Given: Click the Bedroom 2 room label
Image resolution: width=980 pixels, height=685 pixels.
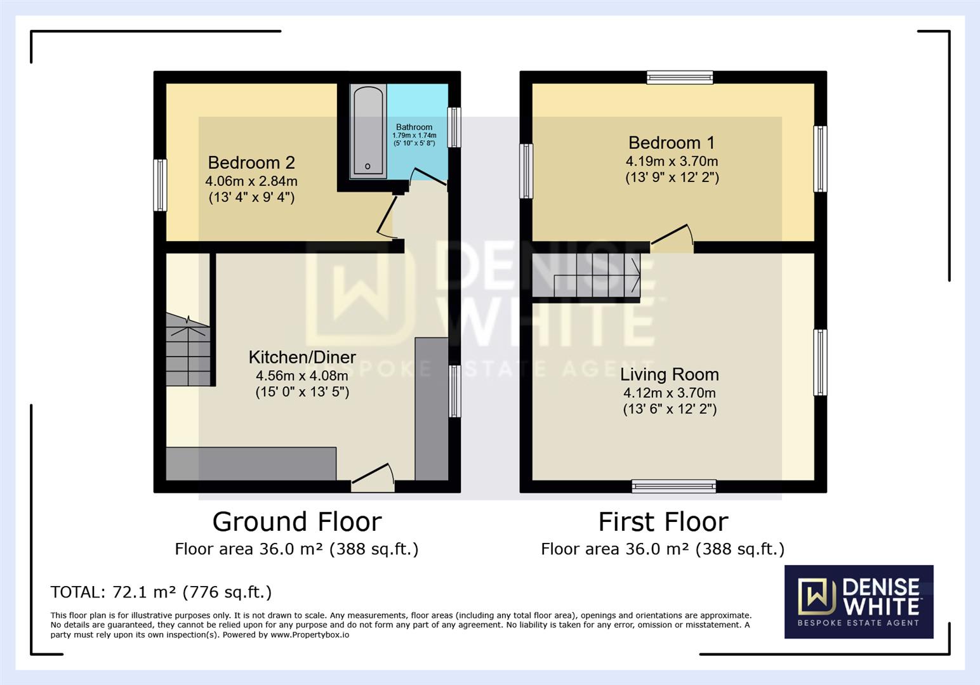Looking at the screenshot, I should point(251,163).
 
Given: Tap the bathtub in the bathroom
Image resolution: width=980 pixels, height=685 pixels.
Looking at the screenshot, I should point(368,130).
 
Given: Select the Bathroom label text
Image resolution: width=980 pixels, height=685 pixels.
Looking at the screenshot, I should point(414,127).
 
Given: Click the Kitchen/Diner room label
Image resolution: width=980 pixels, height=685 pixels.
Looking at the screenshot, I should point(302,357).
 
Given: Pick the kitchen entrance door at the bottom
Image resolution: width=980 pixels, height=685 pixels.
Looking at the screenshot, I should point(373,477).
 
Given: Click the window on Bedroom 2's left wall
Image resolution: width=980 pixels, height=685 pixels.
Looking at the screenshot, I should point(161,185).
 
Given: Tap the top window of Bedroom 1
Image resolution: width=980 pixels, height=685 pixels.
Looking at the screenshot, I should point(680,77).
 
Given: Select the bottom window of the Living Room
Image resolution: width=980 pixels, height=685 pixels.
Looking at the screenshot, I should point(673,486).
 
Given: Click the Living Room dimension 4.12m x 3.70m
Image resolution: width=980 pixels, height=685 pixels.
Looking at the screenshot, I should point(669,393).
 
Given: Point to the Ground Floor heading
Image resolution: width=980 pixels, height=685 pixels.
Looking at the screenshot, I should point(296,522).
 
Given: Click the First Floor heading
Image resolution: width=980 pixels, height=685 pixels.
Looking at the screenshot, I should point(663,522).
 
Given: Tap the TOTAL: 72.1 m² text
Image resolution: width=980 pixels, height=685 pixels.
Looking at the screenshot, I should point(161,592).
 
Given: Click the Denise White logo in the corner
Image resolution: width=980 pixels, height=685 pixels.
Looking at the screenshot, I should point(858,601).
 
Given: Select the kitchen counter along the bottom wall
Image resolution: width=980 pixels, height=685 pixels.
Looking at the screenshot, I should point(251,464).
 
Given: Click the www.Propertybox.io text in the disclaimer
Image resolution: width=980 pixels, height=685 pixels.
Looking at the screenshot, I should point(310,635).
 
